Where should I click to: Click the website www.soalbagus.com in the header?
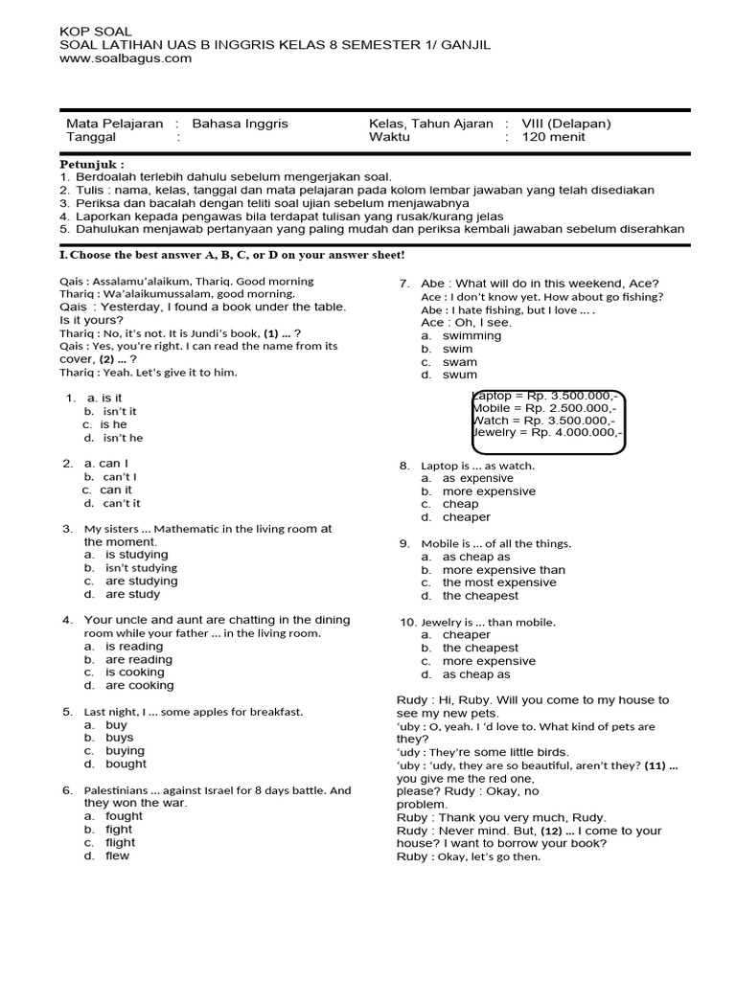coord(126,58)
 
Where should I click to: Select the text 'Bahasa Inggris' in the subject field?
coord(240,124)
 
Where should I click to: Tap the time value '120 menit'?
coord(553,137)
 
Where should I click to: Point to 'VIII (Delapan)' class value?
coord(565,124)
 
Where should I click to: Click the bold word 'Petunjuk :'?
coord(92,164)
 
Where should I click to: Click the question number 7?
coord(404,283)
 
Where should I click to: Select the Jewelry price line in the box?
coord(547,433)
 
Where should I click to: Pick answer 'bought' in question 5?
coord(126,764)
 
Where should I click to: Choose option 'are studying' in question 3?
coord(141,581)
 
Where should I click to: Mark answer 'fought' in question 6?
coord(124,816)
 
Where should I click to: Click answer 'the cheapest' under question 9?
coord(479,596)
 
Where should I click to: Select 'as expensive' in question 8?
coord(477,478)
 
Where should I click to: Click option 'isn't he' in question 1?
coord(123,438)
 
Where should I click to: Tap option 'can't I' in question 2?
coord(120,476)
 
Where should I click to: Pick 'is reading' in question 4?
coord(134,647)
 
